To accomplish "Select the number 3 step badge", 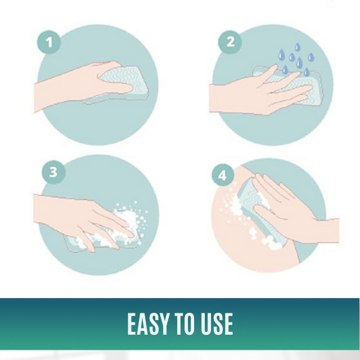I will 53,172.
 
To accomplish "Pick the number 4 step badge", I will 223,175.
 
